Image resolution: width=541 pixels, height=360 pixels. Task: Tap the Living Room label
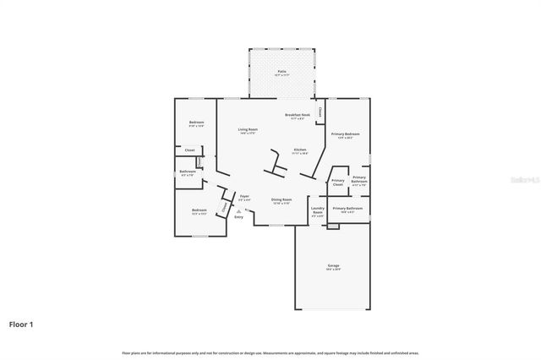pos(247,129)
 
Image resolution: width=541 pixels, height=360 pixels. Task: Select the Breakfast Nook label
pos(297,115)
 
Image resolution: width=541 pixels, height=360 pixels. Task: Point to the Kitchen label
pos(299,150)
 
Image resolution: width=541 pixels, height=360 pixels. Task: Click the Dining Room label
pos(281,200)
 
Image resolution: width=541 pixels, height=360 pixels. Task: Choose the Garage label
pos(334,266)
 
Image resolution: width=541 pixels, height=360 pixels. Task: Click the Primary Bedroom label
pos(346,134)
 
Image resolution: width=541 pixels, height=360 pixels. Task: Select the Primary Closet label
pos(338,182)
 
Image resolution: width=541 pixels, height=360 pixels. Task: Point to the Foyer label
pos(244,195)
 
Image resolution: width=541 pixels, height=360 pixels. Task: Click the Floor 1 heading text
pos(21,323)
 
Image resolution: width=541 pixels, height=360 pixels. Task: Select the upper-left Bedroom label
pos(196,123)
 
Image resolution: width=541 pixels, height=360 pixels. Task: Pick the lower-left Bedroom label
pos(199,210)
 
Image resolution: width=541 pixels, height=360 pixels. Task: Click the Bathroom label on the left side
pos(188,172)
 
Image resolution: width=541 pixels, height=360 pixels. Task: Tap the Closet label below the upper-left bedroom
pos(189,150)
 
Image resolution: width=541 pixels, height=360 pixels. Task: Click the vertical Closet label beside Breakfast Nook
pos(320,112)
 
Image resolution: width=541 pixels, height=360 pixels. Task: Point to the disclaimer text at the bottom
pos(270,352)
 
